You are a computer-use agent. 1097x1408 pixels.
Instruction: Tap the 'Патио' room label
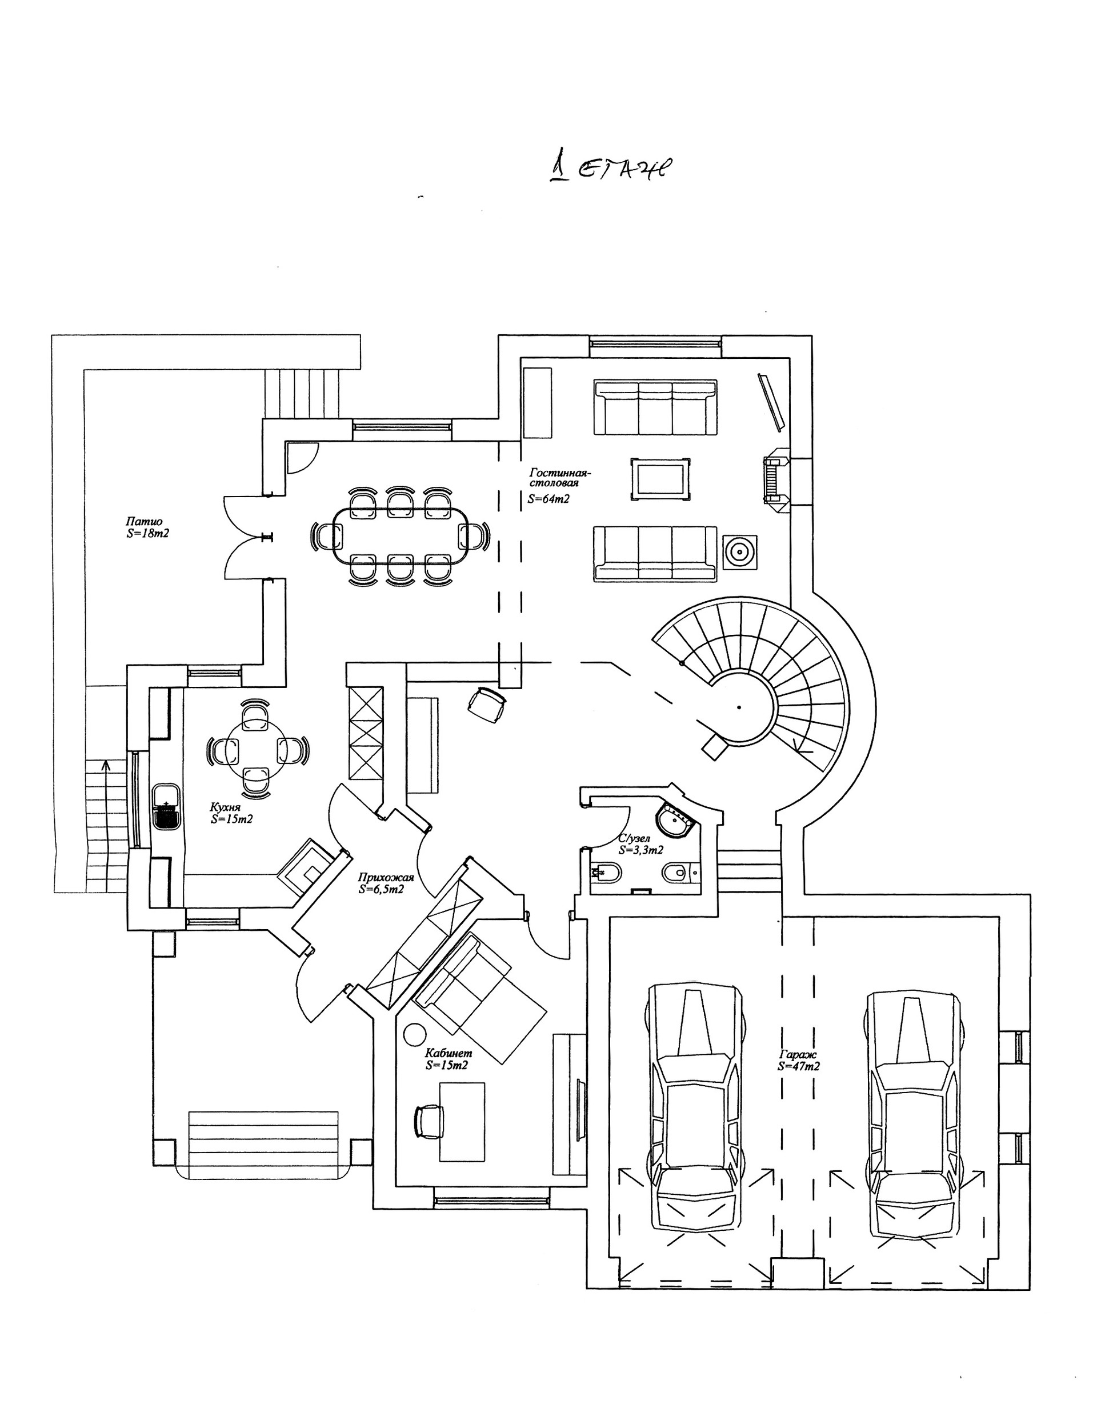point(144,522)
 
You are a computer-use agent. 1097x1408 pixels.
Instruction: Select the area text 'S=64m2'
point(548,498)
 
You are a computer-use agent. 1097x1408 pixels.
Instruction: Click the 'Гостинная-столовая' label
point(559,478)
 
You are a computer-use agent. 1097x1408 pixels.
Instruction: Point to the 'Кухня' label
point(225,808)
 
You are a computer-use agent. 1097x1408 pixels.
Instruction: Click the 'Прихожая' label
point(386,877)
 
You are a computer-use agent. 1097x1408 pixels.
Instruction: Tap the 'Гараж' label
point(798,1055)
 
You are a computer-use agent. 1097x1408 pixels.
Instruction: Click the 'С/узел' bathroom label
point(634,839)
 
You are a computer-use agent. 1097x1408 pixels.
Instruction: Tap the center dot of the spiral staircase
point(739,707)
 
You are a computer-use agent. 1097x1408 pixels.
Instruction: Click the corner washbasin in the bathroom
point(674,821)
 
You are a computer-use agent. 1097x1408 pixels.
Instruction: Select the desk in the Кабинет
point(462,1122)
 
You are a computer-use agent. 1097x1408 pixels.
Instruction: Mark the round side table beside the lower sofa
point(739,552)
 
